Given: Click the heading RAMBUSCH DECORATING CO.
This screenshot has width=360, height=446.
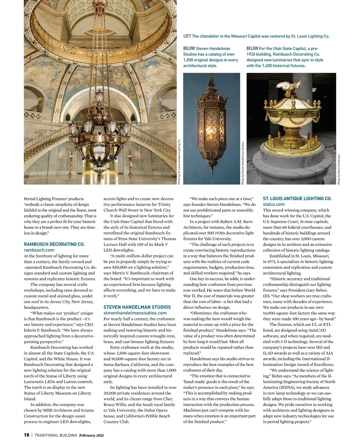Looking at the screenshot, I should coord(54,244).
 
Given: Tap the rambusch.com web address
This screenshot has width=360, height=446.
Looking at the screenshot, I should coord(39,250).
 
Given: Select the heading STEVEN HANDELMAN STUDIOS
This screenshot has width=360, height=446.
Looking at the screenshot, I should coord(137,307).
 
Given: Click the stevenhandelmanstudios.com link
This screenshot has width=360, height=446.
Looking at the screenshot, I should coord(135,313).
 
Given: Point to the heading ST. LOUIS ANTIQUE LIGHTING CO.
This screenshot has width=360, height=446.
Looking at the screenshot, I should coord(297,199).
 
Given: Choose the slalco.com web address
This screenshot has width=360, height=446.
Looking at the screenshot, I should coord(274,204).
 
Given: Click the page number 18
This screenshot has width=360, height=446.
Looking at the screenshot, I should coord(26,435).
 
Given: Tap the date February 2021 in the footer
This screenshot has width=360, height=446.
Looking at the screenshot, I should coord(91,435).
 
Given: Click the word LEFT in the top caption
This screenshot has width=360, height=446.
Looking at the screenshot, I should coord(187,36).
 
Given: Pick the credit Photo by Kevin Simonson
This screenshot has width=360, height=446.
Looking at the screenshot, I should coord(339,170).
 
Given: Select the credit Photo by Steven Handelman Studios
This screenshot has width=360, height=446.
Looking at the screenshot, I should coord(242,163).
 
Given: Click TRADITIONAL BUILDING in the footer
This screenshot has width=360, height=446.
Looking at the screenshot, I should coord(56,435).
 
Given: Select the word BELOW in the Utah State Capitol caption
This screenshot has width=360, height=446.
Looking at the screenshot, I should coord(252,49).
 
